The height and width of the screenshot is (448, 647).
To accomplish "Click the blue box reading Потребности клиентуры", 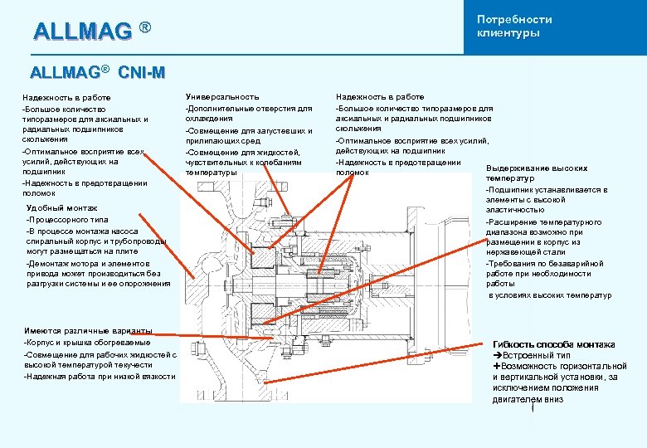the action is (553, 27).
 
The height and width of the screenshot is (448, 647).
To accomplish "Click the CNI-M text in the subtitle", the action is (142, 73).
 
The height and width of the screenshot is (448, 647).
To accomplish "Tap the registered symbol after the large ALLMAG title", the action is (145, 29).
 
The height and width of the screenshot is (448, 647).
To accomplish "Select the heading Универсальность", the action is (222, 97).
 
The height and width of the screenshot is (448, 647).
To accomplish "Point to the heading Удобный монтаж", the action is (62, 207).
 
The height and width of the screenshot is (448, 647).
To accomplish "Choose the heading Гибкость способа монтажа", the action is (554, 344).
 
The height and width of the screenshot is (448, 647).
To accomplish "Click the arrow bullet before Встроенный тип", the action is (498, 355).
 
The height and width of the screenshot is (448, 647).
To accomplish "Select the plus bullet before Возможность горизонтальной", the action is (497, 366).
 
